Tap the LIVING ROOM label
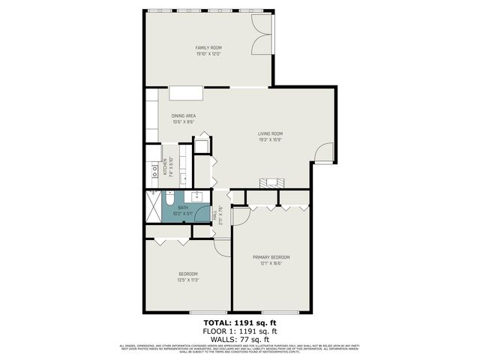click(270, 134)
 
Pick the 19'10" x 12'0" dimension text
click(208, 55)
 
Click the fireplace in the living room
click(270, 182)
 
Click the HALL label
click(214, 215)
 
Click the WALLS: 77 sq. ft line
click(240, 338)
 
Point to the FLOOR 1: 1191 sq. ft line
click(240, 331)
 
